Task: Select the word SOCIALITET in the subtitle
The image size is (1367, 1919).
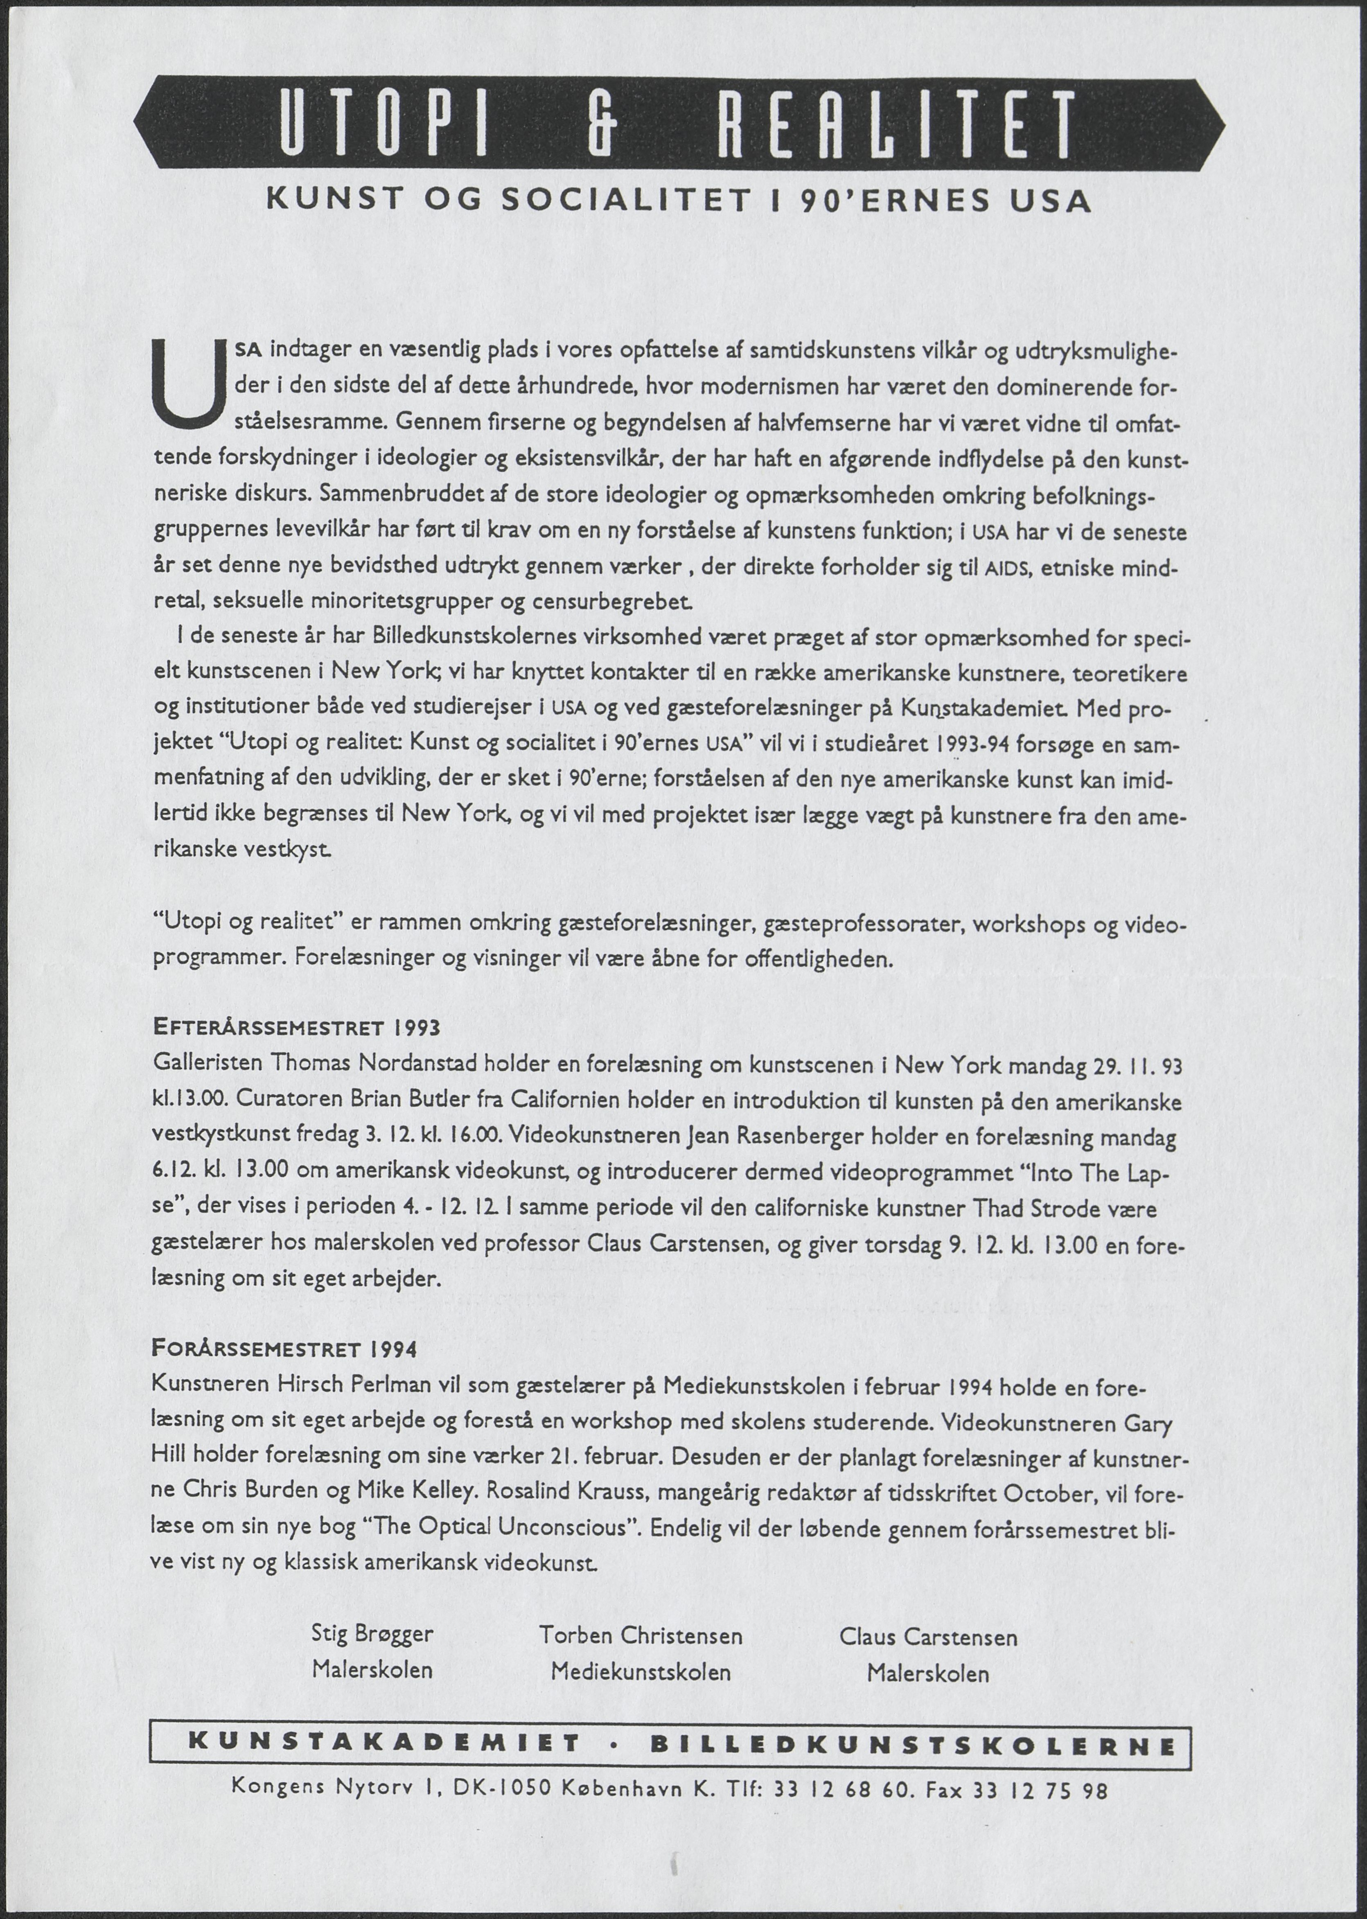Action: [625, 202]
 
